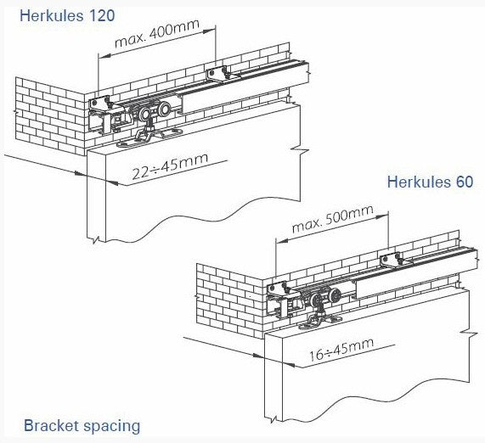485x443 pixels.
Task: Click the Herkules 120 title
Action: [67, 15]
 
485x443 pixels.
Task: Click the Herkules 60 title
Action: [430, 182]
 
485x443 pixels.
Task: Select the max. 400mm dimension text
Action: [156, 33]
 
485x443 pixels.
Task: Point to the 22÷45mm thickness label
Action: [170, 166]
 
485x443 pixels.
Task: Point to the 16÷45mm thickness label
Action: [341, 350]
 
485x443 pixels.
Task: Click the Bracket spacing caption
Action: [82, 426]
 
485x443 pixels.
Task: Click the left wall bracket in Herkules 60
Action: [277, 289]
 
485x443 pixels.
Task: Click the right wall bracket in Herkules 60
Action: [391, 259]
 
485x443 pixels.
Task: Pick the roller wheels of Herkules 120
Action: [154, 112]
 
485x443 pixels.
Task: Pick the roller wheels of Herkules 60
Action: [324, 297]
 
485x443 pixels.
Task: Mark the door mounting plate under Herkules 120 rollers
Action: [149, 137]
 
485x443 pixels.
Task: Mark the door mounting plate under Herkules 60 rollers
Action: [320, 320]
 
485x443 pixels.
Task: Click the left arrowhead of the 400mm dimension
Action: [104, 56]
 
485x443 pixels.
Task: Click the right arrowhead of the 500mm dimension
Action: [382, 214]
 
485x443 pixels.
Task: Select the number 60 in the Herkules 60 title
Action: [464, 182]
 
